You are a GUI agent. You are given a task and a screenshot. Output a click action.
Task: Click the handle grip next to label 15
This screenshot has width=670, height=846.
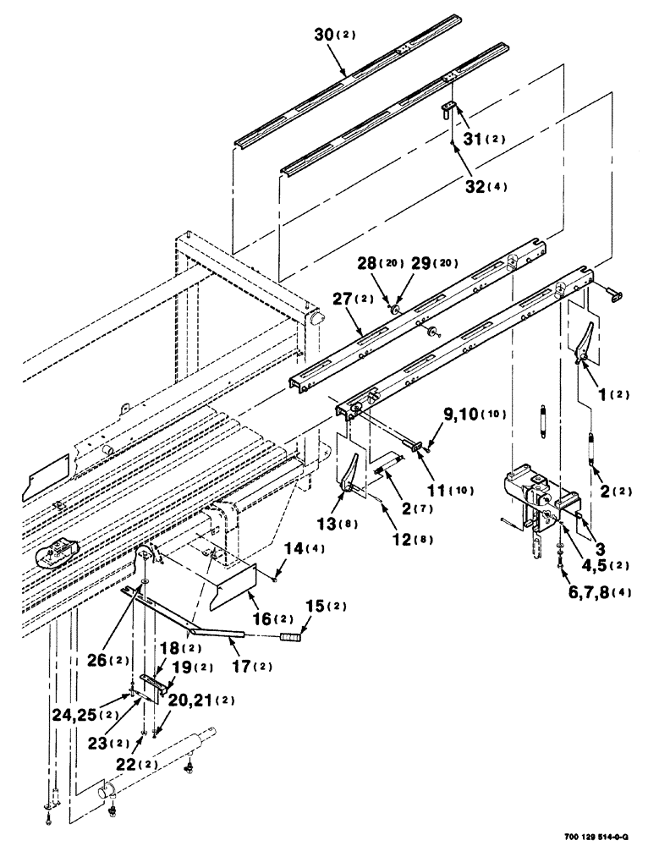click(x=291, y=636)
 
